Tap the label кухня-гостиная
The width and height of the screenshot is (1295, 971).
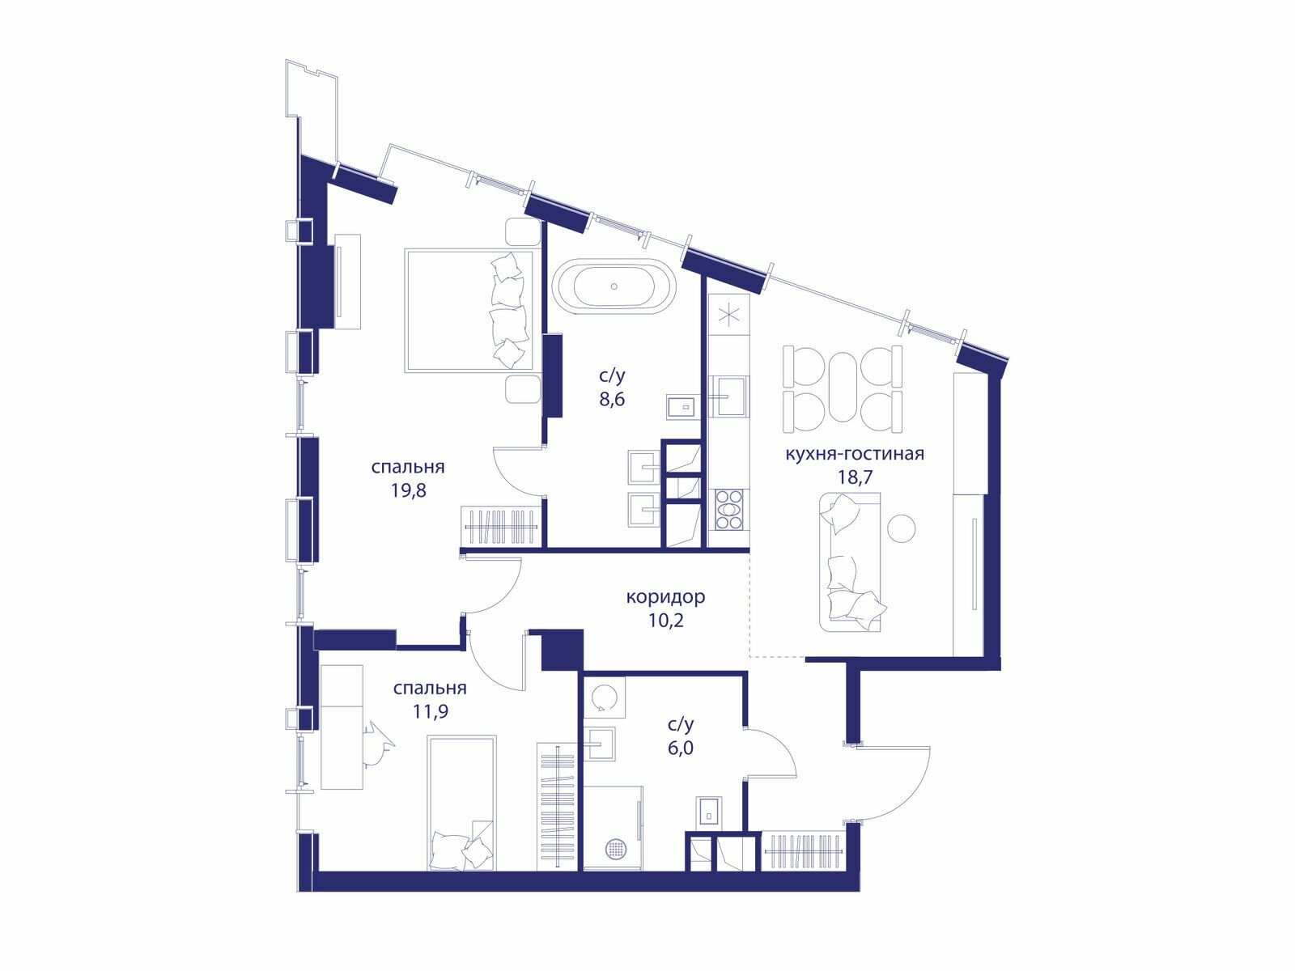click(x=854, y=454)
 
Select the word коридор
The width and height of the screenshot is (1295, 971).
click(x=665, y=597)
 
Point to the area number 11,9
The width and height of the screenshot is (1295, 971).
click(x=430, y=711)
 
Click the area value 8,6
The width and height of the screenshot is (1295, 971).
click(x=613, y=399)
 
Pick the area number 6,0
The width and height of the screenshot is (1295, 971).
click(x=680, y=748)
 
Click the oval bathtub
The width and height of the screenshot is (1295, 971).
click(x=614, y=287)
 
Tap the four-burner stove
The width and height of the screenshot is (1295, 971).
click(x=730, y=510)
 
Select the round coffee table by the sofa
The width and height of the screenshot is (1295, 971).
click(x=902, y=528)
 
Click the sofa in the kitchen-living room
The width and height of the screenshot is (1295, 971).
click(x=850, y=562)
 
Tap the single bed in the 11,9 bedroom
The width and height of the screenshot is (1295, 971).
click(x=462, y=803)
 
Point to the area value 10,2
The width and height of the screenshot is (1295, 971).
click(x=665, y=621)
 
